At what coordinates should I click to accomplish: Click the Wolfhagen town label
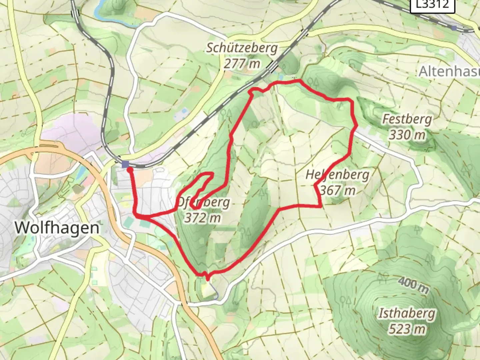[57, 228]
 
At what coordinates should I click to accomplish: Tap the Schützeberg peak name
[242, 48]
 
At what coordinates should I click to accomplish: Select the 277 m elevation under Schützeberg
[242, 63]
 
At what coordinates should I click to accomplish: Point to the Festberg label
[407, 119]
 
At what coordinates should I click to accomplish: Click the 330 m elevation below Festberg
[407, 135]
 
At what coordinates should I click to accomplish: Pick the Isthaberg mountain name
[407, 313]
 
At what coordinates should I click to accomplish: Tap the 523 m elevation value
[407, 329]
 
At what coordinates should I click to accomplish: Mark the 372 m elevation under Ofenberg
[202, 218]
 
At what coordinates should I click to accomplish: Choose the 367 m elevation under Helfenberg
[338, 191]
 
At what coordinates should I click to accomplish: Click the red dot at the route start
[130, 170]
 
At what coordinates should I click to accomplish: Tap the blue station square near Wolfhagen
[125, 164]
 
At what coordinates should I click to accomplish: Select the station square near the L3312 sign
[454, 28]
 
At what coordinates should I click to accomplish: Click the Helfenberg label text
[337, 175]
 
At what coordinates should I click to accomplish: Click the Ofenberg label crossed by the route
[203, 202]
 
